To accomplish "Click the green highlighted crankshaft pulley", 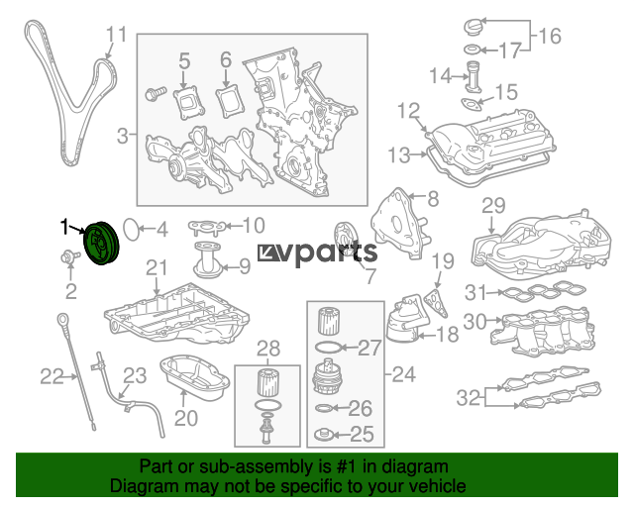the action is [101, 243].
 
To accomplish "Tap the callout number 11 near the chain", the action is [117, 35].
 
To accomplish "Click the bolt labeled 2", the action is [69, 256].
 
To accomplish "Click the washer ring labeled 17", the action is [472, 50].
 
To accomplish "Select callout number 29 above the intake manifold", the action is [493, 205].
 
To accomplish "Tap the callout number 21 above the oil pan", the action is [157, 267].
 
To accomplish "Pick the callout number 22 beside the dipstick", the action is [52, 377].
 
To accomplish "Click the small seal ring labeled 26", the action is [324, 408].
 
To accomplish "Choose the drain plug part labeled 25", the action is [324, 435].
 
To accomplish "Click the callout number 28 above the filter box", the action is [268, 349].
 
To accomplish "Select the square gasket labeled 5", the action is [189, 103].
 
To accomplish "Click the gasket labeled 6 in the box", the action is [230, 100].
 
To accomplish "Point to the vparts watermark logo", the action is [317, 253].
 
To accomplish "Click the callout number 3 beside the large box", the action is [123, 136].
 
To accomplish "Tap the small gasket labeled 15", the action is [472, 104].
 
